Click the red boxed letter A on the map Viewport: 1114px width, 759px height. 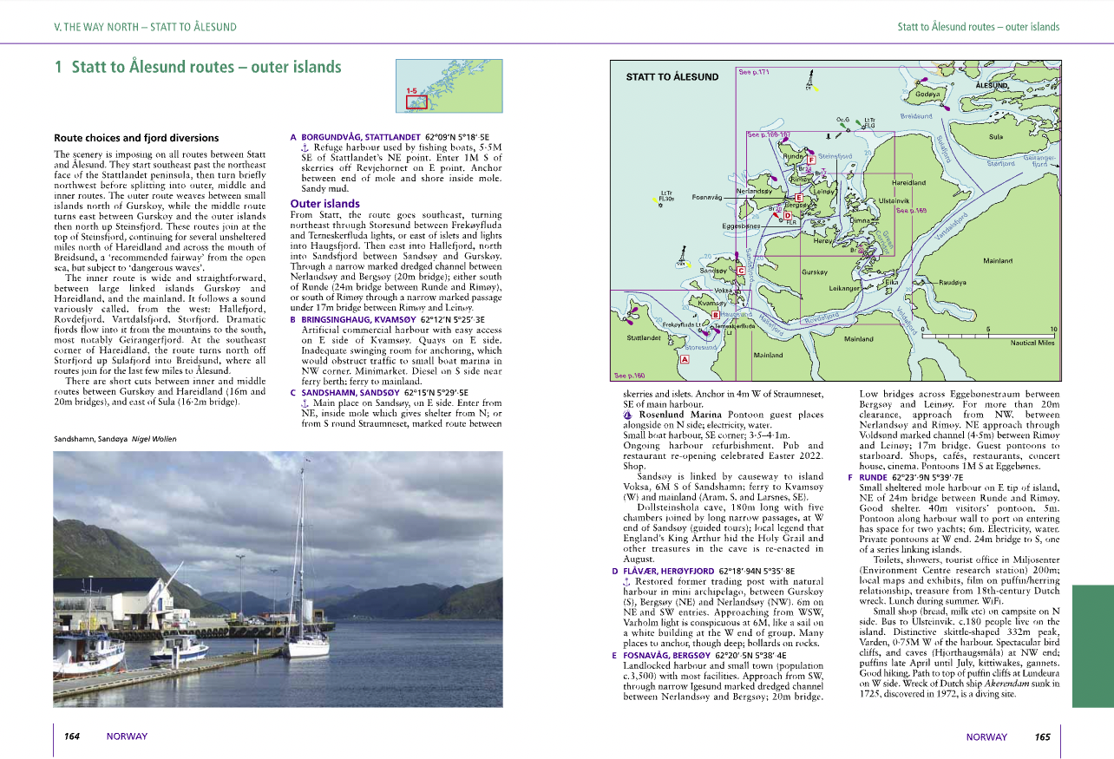(x=685, y=358)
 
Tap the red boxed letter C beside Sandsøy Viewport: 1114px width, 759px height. (x=741, y=271)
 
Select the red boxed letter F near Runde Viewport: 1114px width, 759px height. (x=810, y=160)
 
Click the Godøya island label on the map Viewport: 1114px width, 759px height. (x=927, y=94)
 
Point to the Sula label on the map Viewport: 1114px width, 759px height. (x=996, y=136)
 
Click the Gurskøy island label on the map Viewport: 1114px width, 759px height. (x=814, y=272)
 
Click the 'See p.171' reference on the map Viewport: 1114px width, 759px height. (x=754, y=72)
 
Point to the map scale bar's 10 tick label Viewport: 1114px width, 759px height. (x=1053, y=330)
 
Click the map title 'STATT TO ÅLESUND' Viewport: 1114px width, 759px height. (x=672, y=77)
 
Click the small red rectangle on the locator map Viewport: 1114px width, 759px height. (x=416, y=101)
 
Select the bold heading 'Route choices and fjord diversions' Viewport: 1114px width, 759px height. (x=136, y=138)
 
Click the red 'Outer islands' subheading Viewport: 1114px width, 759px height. (x=324, y=204)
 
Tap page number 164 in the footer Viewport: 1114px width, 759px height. (x=72, y=736)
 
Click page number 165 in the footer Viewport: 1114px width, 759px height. (x=1042, y=737)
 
